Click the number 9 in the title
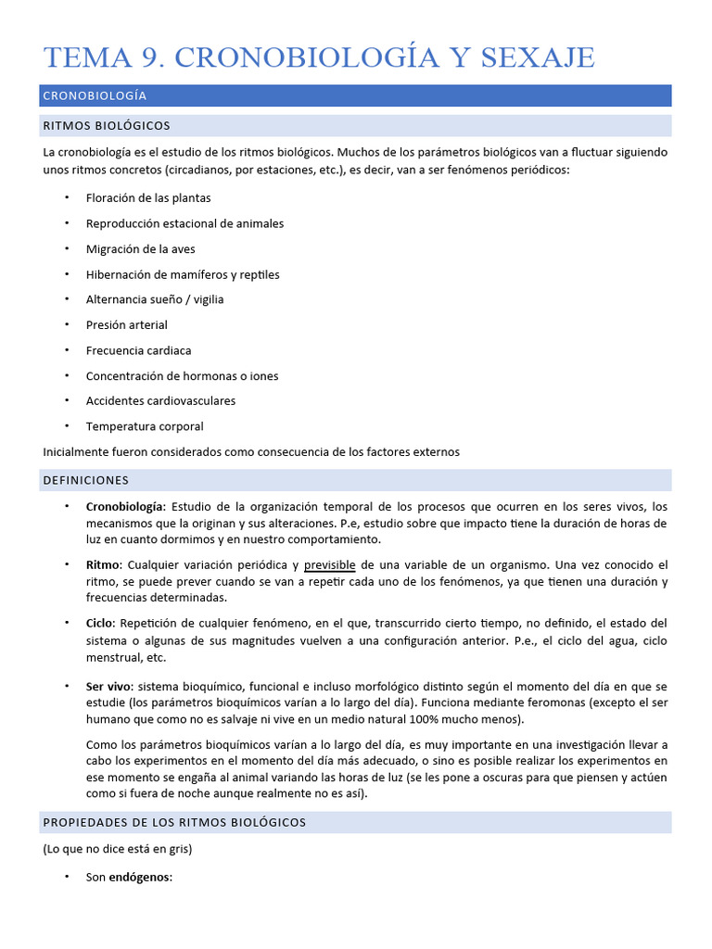tap(150, 57)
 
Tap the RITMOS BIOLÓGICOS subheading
tap(107, 125)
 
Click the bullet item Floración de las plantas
tap(148, 197)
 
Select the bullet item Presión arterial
tap(127, 324)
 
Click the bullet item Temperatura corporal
tap(145, 426)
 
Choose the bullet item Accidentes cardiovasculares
tap(160, 400)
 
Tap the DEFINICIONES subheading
tap(86, 480)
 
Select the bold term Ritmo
tap(103, 564)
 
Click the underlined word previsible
tap(330, 564)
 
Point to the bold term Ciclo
tap(101, 623)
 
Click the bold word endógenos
tap(140, 877)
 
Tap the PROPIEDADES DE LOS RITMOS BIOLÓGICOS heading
tap(174, 822)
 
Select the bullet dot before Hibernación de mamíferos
tap(68, 274)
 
